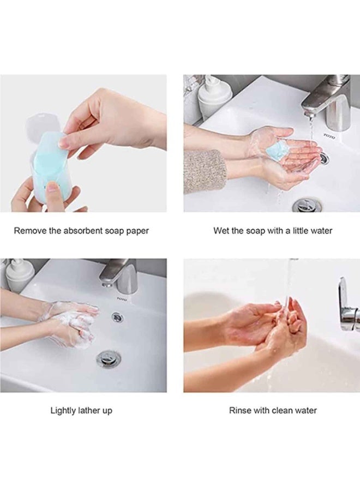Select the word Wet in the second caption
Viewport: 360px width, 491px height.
pos(221,231)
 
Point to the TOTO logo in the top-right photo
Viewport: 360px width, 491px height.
pos(329,136)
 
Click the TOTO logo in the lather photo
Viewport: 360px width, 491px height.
pos(122,299)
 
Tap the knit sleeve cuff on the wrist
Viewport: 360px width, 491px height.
pos(203,171)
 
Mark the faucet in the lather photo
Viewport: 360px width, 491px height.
pos(119,272)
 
